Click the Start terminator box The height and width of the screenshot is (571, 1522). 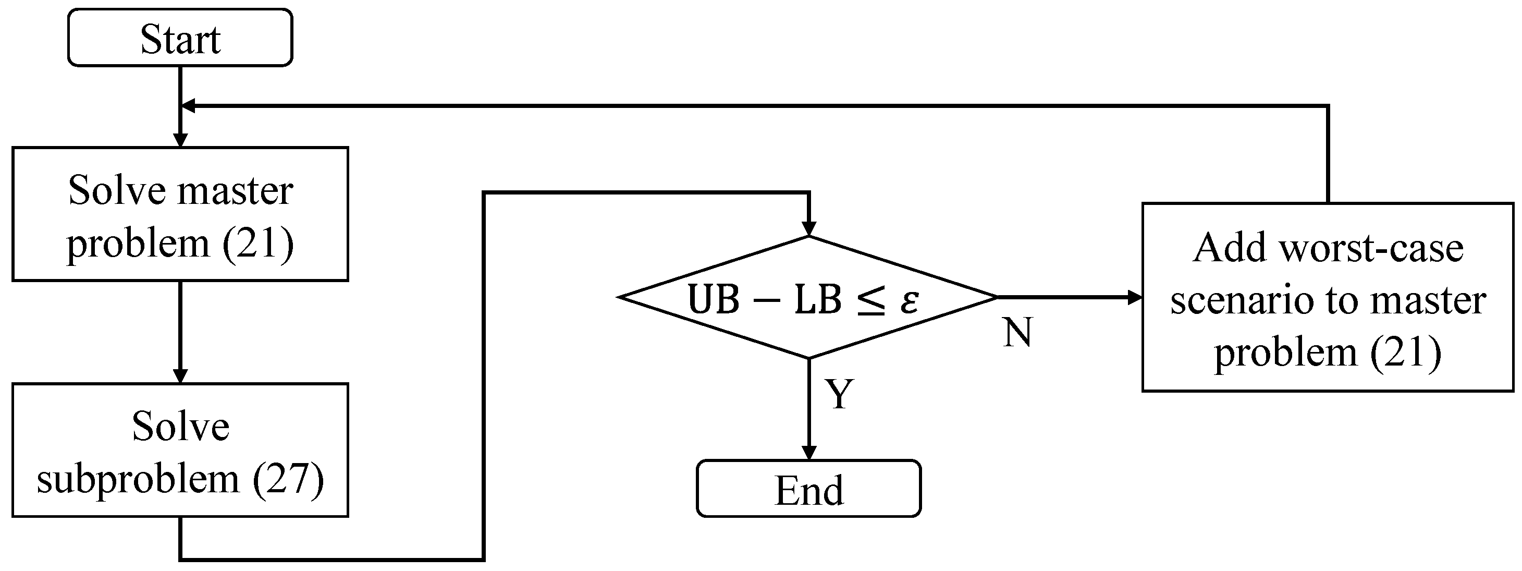[180, 37]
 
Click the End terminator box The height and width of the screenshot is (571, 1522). [808, 488]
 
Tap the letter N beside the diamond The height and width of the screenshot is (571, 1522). [1017, 332]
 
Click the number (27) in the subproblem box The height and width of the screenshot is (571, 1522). [288, 478]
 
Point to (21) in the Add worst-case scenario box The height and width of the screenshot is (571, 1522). [1406, 353]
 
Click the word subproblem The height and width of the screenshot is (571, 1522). [138, 478]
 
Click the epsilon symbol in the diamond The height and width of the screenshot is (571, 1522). [910, 300]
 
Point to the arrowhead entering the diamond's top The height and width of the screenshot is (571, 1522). [808, 229]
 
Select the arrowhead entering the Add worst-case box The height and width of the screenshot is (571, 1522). [1134, 297]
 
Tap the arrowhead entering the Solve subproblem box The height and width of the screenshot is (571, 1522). [180, 376]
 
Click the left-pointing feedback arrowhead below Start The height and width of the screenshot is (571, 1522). [188, 106]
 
